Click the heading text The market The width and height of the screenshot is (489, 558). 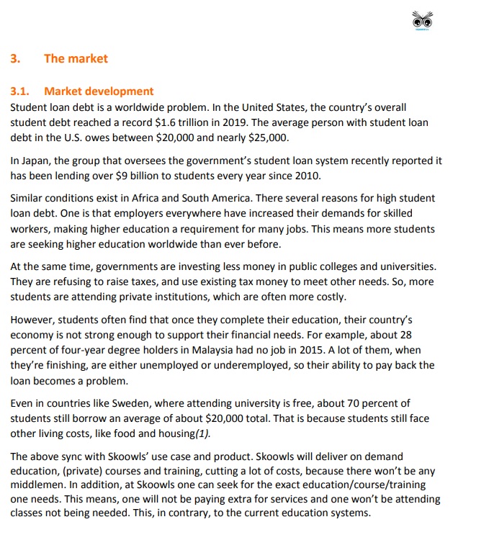click(x=76, y=59)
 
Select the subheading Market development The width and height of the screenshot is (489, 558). click(x=99, y=91)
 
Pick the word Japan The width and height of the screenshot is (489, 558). click(x=35, y=161)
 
